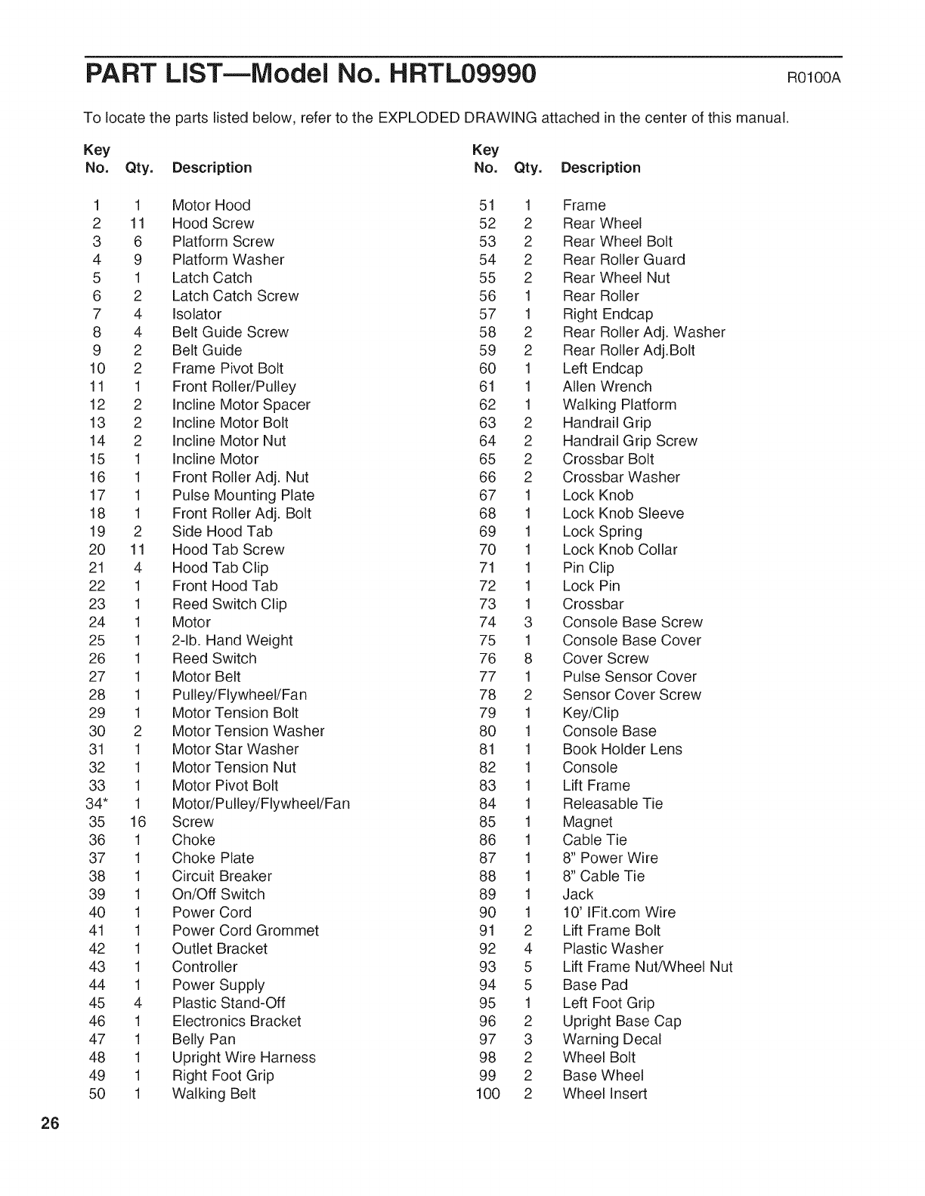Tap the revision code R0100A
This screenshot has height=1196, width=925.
pyautogui.click(x=814, y=79)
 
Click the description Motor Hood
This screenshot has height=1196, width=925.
pyautogui.click(x=211, y=205)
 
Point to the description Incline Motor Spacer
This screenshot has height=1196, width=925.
pyautogui.click(x=241, y=405)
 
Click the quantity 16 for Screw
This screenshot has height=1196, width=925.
pyautogui.click(x=137, y=821)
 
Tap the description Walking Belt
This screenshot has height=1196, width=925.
pyautogui.click(x=214, y=1093)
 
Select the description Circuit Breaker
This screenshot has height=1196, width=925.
pyautogui.click(x=221, y=876)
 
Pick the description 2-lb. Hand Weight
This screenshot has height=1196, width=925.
pyautogui.click(x=232, y=640)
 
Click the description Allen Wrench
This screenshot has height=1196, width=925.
pyautogui.click(x=607, y=387)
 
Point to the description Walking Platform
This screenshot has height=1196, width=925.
pyautogui.click(x=619, y=405)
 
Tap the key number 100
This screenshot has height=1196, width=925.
pyautogui.click(x=487, y=1093)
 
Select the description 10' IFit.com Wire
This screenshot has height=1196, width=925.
pyautogui.click(x=619, y=912)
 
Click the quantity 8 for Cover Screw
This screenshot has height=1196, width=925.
pyautogui.click(x=528, y=658)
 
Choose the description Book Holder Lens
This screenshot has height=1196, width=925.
pyautogui.click(x=622, y=749)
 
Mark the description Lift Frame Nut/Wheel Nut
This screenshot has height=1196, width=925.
pyautogui.click(x=647, y=966)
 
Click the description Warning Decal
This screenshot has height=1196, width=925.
pyautogui.click(x=611, y=1039)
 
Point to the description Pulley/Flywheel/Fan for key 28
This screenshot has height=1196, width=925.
pyautogui.click(x=239, y=695)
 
